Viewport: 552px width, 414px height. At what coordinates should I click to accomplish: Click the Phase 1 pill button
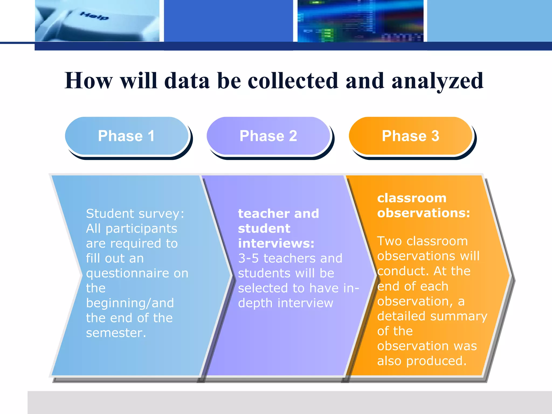pyautogui.click(x=126, y=136)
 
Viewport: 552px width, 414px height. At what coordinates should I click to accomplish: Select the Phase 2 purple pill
pyautogui.click(x=268, y=136)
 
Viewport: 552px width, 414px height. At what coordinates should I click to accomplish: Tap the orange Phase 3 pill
pyautogui.click(x=410, y=136)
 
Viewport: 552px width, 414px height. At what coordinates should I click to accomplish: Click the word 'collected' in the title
pyautogui.click(x=293, y=81)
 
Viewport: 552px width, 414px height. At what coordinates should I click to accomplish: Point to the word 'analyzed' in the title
pyautogui.click(x=437, y=81)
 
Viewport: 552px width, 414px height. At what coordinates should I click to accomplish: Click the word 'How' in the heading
pyautogui.click(x=88, y=81)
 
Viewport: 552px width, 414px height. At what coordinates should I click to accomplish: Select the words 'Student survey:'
pyautogui.click(x=135, y=213)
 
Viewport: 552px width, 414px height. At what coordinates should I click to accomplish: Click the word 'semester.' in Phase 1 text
pyautogui.click(x=116, y=333)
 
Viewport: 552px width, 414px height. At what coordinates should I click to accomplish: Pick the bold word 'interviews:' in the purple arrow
pyautogui.click(x=276, y=243)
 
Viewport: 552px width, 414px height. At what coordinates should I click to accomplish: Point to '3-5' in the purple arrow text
pyautogui.click(x=248, y=258)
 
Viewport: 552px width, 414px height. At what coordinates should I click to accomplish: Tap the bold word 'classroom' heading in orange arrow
pyautogui.click(x=412, y=198)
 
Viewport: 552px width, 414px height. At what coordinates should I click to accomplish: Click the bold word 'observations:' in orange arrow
pyautogui.click(x=423, y=213)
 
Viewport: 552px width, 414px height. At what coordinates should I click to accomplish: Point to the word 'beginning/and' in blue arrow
pyautogui.click(x=130, y=303)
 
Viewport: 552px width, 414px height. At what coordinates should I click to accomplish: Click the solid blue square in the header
pyautogui.click(x=228, y=21)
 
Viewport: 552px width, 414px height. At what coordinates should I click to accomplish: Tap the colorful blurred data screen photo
pyautogui.click(x=360, y=21)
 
